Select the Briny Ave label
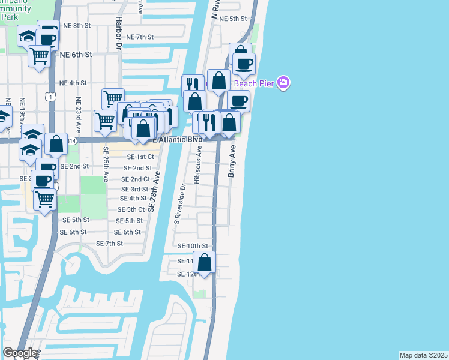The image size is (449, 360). pos(232,160)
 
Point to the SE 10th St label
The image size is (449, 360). pos(193,246)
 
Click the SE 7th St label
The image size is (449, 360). pos(109,244)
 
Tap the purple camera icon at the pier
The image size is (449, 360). pos(284,83)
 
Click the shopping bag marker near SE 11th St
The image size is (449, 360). pos(205,263)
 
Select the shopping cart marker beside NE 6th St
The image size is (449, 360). pos(40,56)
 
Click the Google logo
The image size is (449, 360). pos(20,353)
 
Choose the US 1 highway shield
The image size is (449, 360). pos(52,96)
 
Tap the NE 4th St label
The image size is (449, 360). pos(73,83)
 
